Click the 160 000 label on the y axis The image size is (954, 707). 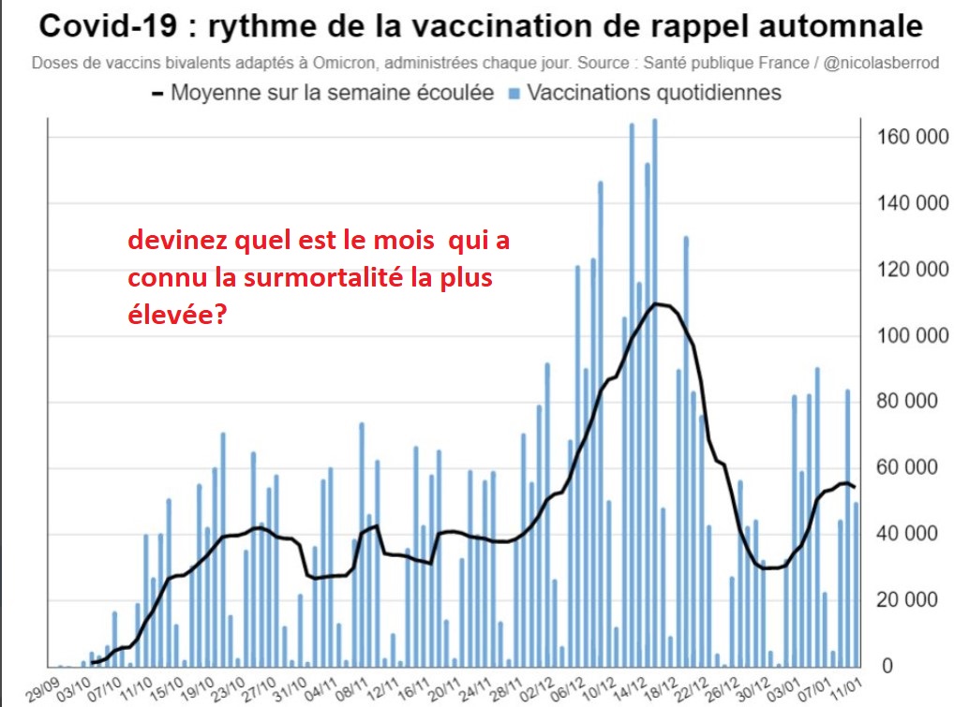pos(914,139)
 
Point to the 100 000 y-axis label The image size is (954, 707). pos(914,336)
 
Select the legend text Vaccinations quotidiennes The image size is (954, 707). pos(654,94)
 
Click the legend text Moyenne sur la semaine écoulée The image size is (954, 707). pos(333,94)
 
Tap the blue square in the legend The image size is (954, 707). pos(514,94)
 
